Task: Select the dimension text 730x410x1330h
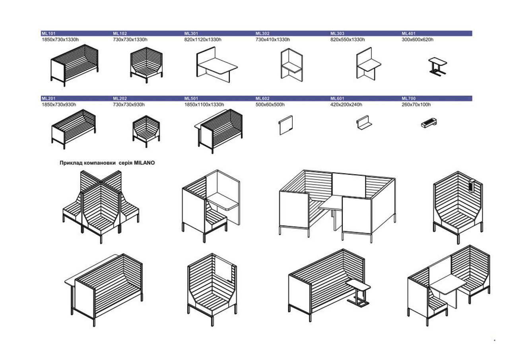(272, 39)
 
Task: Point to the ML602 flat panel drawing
(286, 125)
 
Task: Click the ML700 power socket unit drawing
(429, 123)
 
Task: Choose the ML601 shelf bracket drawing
(363, 123)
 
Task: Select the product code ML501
(191, 98)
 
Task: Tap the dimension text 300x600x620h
(417, 39)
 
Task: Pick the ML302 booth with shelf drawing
(291, 65)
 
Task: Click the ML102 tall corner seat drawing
(146, 65)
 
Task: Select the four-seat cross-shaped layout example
(101, 205)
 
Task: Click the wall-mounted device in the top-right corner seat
(472, 185)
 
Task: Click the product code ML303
(337, 33)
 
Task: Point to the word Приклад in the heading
(72, 163)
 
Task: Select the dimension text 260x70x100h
(416, 105)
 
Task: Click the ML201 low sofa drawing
(74, 128)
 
